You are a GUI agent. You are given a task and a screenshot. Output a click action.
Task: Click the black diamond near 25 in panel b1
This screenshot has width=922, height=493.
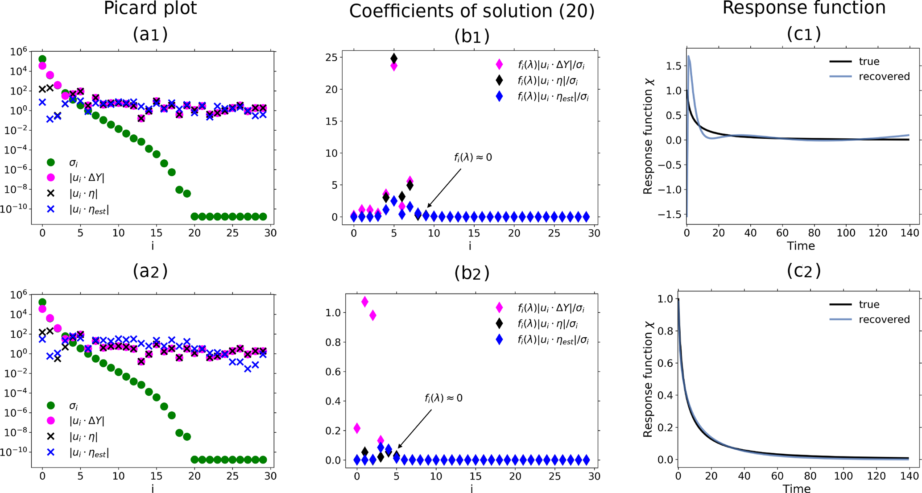[394, 58]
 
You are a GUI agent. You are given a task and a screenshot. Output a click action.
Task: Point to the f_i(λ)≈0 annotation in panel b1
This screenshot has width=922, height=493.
[473, 157]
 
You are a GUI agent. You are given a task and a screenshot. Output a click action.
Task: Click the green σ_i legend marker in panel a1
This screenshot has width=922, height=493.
[51, 162]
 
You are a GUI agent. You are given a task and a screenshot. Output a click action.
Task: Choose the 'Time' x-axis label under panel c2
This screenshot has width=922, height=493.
[796, 489]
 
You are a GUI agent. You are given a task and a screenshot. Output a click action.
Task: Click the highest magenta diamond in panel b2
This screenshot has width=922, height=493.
[365, 302]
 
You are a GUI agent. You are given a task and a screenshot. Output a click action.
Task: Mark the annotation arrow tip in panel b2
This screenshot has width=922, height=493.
[398, 447]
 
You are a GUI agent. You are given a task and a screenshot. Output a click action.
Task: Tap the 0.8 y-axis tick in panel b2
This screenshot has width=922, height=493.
[334, 342]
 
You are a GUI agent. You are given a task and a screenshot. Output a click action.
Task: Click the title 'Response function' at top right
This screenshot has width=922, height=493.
[804, 8]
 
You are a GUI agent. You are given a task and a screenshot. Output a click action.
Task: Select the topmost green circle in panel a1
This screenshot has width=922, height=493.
[42, 59]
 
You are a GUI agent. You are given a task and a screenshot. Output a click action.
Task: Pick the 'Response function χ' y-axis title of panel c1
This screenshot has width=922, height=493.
[648, 137]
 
